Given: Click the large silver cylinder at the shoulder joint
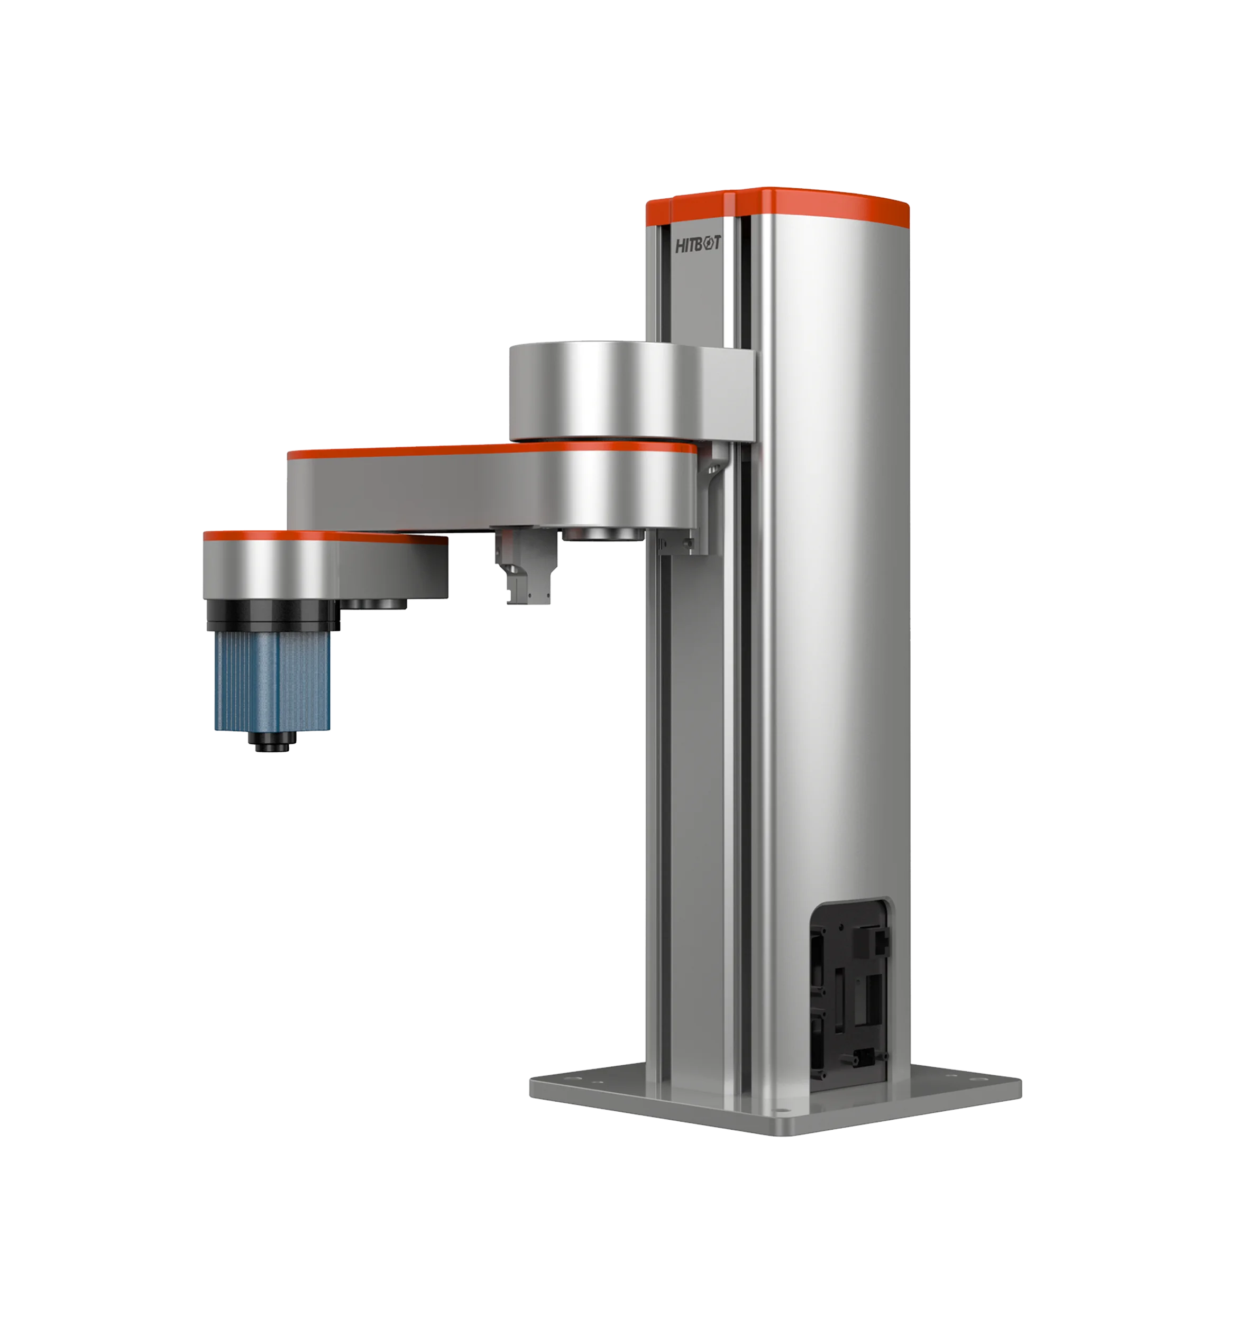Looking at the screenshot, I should click(x=597, y=391).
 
